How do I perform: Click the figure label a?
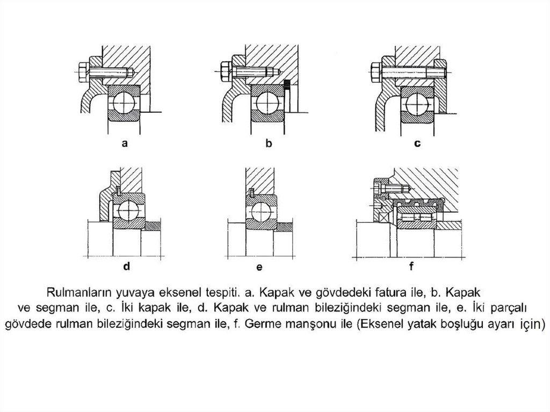125,143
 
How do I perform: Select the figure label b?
269,143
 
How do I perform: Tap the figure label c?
417,143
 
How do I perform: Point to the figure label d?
127,266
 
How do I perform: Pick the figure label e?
259,268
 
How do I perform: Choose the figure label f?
411,266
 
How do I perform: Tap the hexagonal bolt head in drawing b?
226,72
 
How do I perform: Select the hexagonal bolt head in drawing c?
375,72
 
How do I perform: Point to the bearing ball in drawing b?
268,103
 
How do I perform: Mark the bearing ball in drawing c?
417,104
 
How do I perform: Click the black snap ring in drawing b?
287,85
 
